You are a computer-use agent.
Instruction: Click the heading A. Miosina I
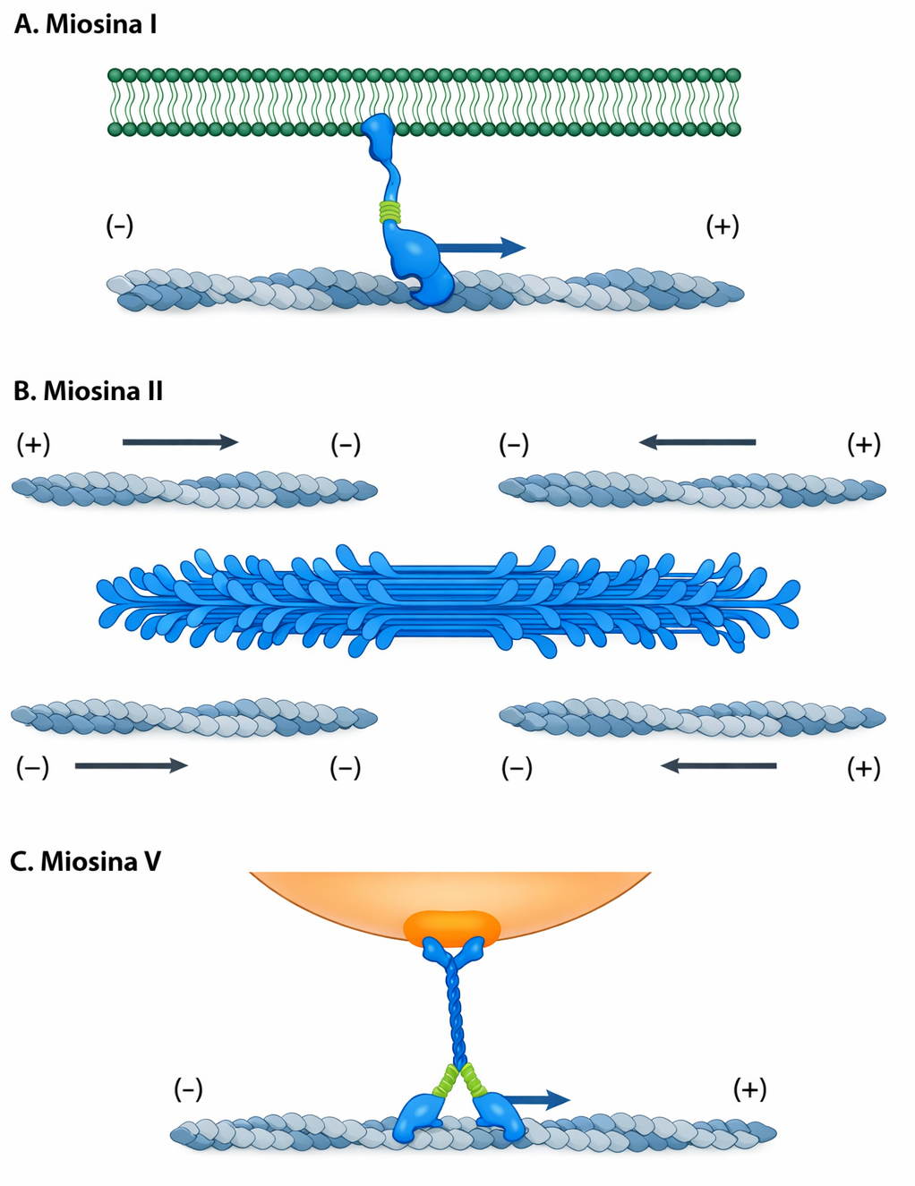pyautogui.click(x=85, y=24)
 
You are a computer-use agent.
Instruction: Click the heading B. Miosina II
pyautogui.click(x=88, y=391)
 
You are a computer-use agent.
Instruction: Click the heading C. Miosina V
pyautogui.click(x=86, y=861)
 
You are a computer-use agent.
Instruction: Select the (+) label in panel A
pyautogui.click(x=723, y=226)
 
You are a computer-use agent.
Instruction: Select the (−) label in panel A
pyautogui.click(x=120, y=225)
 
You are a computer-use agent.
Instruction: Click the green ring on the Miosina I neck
pyautogui.click(x=389, y=212)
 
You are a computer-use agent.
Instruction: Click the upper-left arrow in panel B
pyautogui.click(x=180, y=441)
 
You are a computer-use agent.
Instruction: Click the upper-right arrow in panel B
pyautogui.click(x=697, y=441)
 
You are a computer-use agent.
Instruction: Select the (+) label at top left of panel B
pyautogui.click(x=33, y=444)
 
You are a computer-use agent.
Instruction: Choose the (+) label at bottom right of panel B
pyautogui.click(x=864, y=768)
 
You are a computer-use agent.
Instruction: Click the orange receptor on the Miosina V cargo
pyautogui.click(x=451, y=927)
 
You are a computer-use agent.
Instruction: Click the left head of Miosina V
pyautogui.click(x=417, y=1114)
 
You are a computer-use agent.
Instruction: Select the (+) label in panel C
pyautogui.click(x=749, y=1089)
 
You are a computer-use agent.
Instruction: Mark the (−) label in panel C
pyautogui.click(x=188, y=1089)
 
